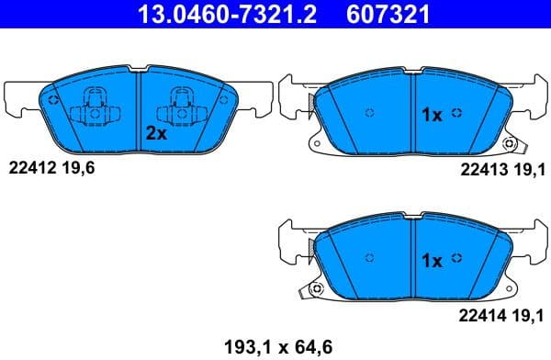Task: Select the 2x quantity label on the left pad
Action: point(156,132)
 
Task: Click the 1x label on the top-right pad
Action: point(432,115)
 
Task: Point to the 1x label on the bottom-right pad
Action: point(432,261)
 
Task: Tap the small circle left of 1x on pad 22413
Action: point(369,114)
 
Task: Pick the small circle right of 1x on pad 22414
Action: point(458,260)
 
